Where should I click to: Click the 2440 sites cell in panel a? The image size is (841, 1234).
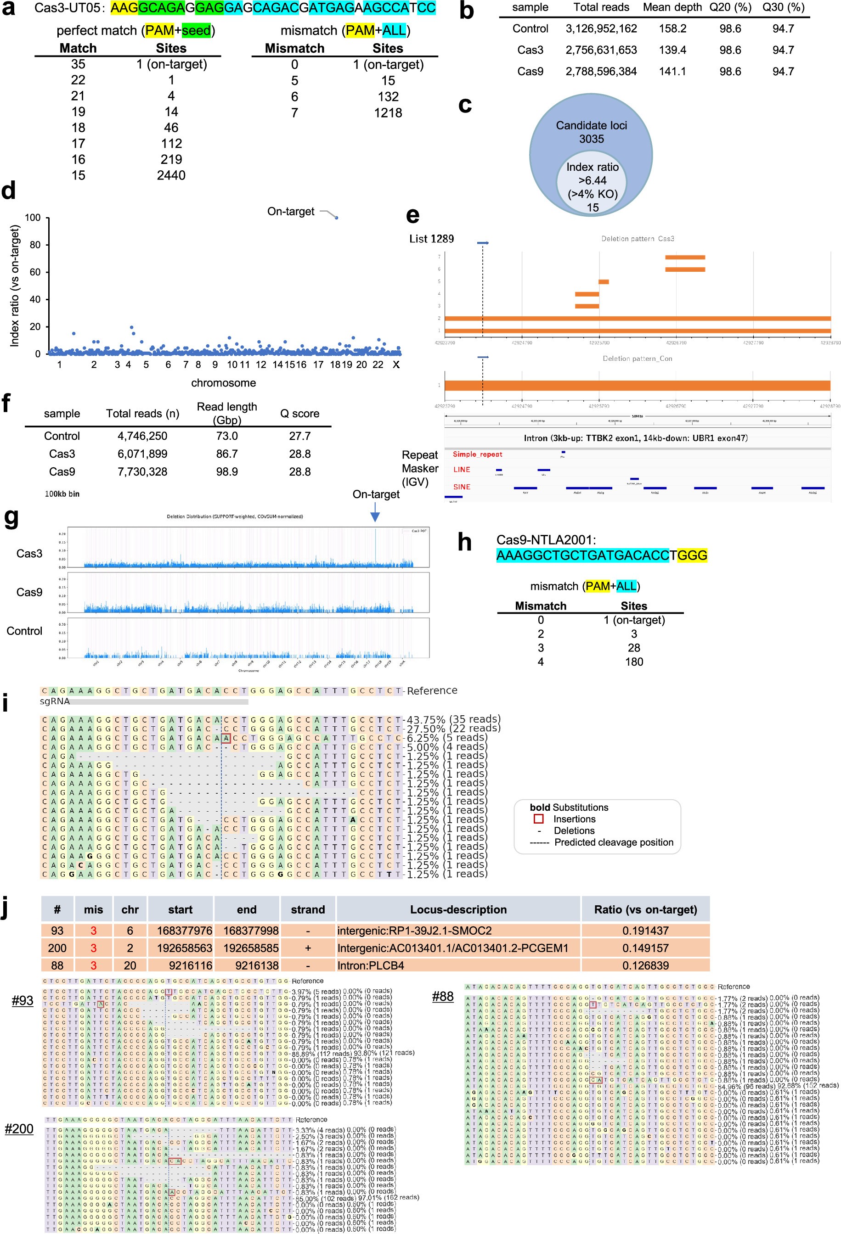(x=170, y=175)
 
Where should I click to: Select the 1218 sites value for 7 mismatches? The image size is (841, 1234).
(x=388, y=112)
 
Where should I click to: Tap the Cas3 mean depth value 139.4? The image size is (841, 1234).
(x=672, y=50)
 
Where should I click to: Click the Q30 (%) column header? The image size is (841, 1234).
(x=783, y=7)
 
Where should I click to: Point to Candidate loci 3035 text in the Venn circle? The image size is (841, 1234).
(x=591, y=132)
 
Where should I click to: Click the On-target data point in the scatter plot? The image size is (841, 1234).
(x=336, y=218)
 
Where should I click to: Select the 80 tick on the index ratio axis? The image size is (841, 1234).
(x=34, y=245)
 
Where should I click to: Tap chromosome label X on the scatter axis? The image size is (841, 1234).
(x=395, y=364)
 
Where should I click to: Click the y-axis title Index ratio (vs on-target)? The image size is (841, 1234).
(x=15, y=286)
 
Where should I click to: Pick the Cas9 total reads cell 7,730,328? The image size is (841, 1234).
(x=142, y=471)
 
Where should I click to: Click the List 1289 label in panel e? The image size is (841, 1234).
(x=431, y=239)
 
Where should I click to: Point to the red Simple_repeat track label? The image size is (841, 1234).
(x=477, y=454)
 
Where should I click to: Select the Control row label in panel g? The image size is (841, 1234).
(x=24, y=631)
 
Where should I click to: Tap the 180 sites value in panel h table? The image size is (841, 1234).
(x=634, y=662)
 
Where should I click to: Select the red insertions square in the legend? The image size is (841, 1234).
(x=538, y=819)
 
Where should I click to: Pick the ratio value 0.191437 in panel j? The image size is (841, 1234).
(x=645, y=930)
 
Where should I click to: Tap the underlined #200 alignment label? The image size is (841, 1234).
(x=19, y=1128)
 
